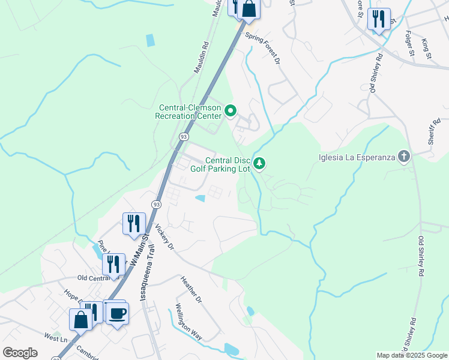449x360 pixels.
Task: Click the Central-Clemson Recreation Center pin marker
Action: (x=231, y=110)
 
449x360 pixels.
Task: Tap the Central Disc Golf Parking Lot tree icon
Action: (x=259, y=163)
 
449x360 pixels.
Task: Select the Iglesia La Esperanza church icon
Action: (x=404, y=158)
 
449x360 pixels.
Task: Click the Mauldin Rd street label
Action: (x=200, y=57)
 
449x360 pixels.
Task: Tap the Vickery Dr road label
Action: (x=163, y=238)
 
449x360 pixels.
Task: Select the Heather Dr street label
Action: (x=191, y=289)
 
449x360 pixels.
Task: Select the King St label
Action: (x=426, y=49)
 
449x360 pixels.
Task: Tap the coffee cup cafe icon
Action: (x=117, y=313)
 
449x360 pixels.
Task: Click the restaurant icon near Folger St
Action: (x=378, y=19)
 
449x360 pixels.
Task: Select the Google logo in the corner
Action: (x=20, y=353)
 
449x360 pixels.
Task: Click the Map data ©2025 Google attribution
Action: (x=412, y=355)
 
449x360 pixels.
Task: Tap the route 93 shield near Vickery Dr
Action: (x=156, y=205)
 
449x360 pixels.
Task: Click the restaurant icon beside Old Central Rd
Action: (x=113, y=264)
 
